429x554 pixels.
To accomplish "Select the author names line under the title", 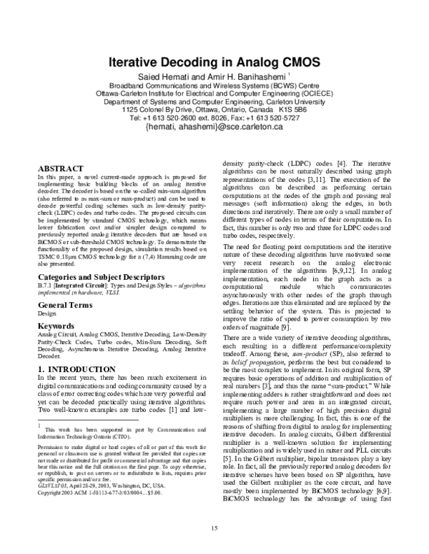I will pyautogui.click(x=214, y=76).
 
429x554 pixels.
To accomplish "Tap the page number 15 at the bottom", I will pyautogui.click(x=214, y=528).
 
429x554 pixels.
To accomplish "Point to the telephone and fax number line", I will pyautogui.click(x=214, y=118).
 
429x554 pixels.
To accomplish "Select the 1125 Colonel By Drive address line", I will pyautogui.click(x=214, y=109).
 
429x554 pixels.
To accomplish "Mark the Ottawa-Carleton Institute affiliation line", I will pyautogui.click(x=214, y=93).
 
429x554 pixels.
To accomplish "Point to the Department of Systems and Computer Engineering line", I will pyautogui.click(x=214, y=101).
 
